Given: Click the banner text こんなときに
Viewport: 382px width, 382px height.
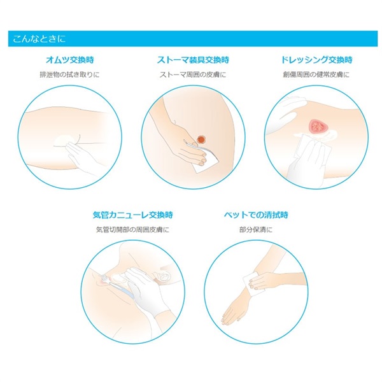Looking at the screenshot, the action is tap(39, 39).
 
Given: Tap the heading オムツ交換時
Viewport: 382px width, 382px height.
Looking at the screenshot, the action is tap(70, 60).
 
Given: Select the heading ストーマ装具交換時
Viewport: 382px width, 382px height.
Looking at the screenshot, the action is tap(193, 60).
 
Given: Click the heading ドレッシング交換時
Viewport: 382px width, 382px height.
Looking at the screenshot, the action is tap(316, 60).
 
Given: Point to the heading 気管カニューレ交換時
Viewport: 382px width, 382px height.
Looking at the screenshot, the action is tap(133, 215).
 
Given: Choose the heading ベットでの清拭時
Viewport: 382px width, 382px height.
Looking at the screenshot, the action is tap(256, 215).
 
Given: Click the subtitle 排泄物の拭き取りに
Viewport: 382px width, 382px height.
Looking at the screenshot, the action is tap(70, 74).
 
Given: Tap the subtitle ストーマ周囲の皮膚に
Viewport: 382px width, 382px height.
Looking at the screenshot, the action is tap(193, 74).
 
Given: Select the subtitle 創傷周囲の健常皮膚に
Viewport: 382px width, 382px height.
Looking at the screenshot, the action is tap(316, 74).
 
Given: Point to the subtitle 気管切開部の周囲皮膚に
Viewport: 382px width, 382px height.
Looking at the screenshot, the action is tap(132, 229).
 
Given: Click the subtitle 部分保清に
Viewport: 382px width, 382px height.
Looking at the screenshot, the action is tap(256, 229).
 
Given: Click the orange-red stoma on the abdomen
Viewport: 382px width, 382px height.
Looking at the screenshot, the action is tap(201, 139).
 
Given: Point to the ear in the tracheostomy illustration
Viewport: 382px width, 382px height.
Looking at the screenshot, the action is tap(164, 274).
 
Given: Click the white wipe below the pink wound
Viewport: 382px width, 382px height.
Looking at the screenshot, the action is tap(313, 148).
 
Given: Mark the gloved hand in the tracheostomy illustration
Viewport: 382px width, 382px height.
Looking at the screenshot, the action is tap(146, 292).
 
